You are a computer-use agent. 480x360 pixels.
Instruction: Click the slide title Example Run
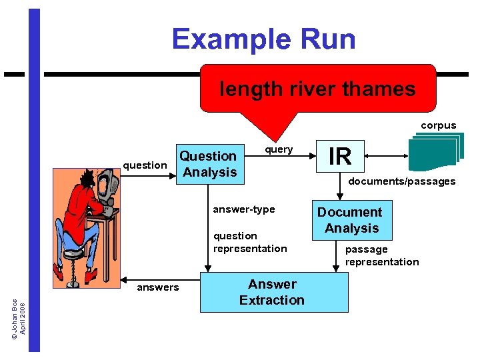[263, 39]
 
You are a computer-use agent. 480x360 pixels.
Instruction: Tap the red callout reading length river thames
[317, 89]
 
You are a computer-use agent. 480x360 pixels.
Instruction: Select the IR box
[340, 155]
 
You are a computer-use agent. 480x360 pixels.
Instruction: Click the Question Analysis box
[208, 164]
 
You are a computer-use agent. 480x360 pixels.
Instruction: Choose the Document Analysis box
[349, 220]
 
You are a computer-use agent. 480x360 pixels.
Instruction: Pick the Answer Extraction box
[273, 292]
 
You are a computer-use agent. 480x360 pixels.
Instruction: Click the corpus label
[438, 125]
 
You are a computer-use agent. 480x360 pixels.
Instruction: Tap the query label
[279, 149]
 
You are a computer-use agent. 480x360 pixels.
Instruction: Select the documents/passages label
[402, 181]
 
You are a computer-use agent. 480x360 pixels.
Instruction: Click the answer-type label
[243, 209]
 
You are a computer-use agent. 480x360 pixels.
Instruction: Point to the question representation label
[249, 242]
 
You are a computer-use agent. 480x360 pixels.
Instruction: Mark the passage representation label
[381, 255]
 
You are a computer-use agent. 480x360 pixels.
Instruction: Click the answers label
[157, 287]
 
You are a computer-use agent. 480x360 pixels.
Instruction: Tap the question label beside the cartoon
[145, 165]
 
